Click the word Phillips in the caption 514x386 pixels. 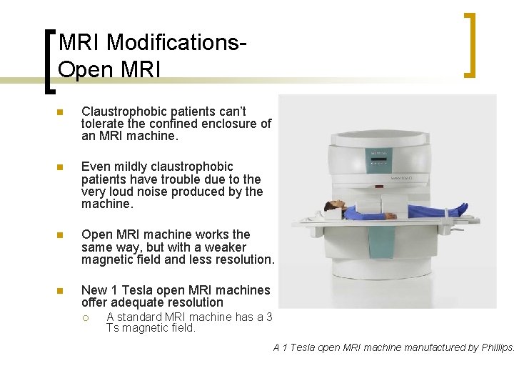pos(497,347)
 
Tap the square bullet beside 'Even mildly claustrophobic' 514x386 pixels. pos(61,167)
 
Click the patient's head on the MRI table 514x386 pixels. pos(331,208)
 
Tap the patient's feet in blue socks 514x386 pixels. pos(461,209)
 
